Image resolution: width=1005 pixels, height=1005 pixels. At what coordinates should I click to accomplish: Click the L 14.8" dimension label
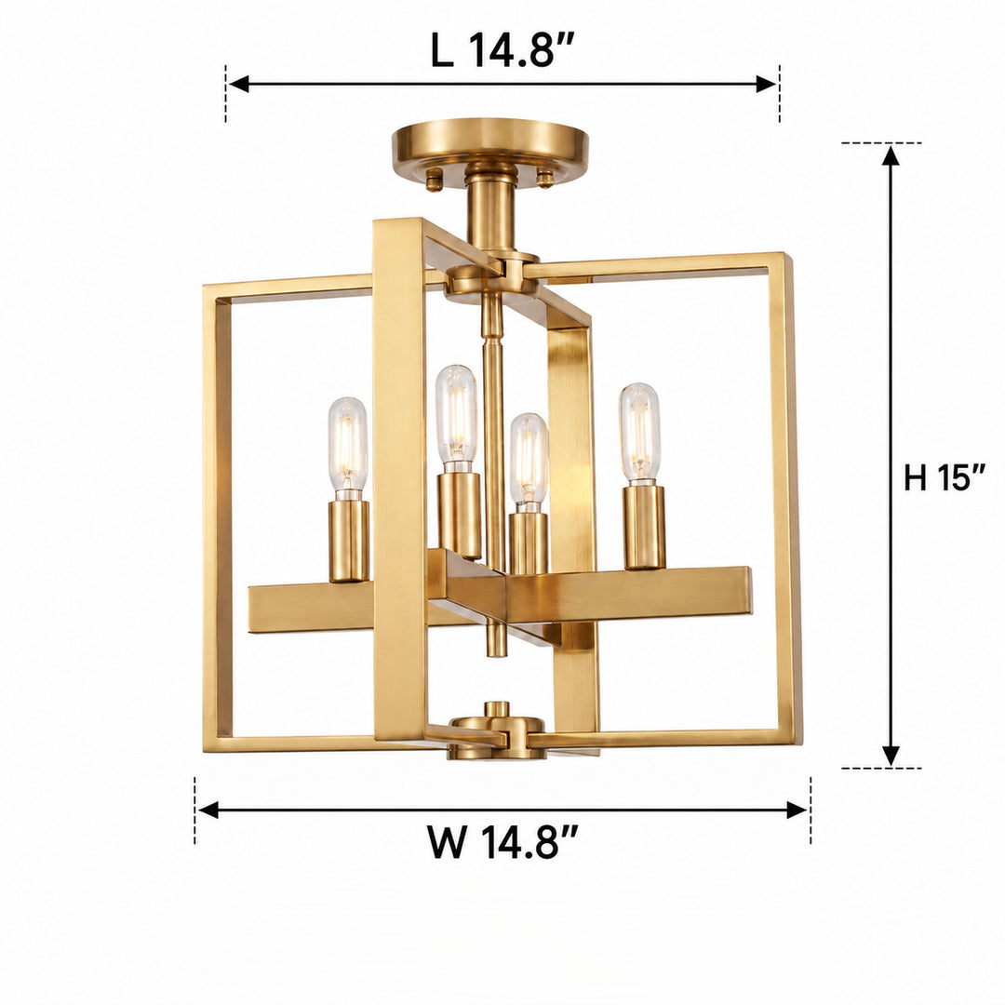click(x=502, y=49)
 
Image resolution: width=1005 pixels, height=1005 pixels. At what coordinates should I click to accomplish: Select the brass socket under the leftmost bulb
click(x=349, y=542)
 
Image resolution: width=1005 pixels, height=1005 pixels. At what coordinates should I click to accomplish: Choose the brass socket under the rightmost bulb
click(x=645, y=527)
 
